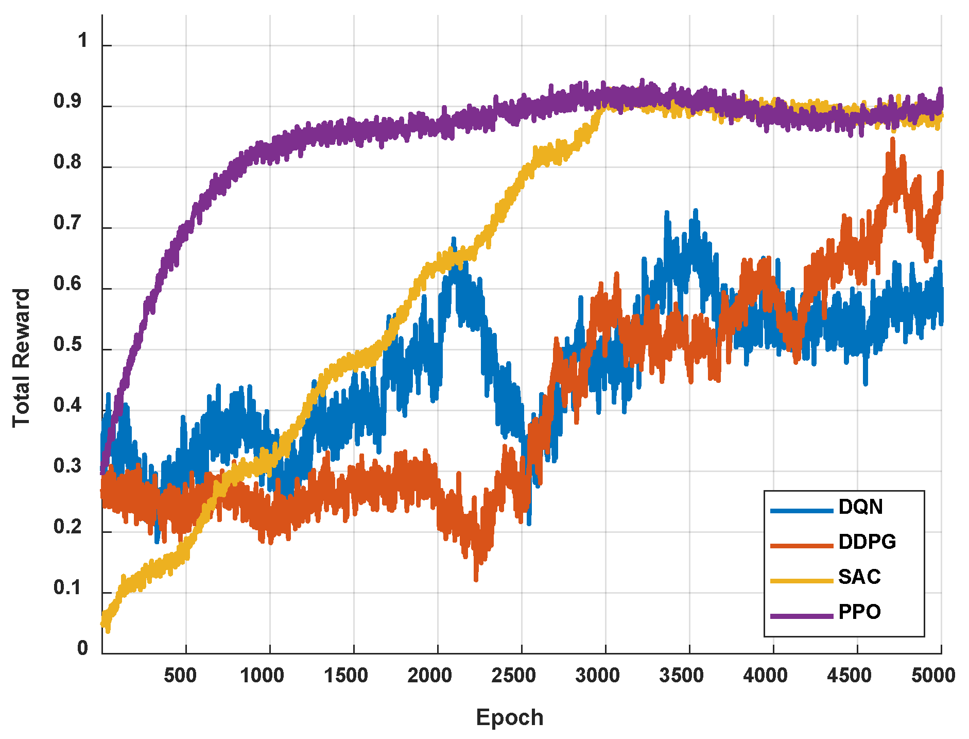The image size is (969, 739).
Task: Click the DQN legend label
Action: click(860, 507)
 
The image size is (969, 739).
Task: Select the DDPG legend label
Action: click(867, 542)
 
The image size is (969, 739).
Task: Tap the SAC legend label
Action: click(859, 577)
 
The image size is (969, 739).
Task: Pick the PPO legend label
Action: click(859, 612)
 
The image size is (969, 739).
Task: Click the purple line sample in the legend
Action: click(801, 616)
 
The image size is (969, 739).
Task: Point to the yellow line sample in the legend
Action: click(801, 581)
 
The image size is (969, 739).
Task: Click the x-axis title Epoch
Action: click(509, 717)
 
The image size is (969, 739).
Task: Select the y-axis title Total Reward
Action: click(22, 358)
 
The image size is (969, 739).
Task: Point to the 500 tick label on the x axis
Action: click(180, 675)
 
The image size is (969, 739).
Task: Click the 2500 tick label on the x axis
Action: click(513, 675)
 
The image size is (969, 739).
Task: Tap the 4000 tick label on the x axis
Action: click(765, 675)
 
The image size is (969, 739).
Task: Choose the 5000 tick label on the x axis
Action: click(933, 675)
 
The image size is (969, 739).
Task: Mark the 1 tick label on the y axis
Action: click(83, 41)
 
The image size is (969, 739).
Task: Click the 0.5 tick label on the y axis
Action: click(67, 344)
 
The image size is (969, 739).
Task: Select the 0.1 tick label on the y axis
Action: click(67, 587)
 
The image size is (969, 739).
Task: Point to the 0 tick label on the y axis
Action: click(82, 648)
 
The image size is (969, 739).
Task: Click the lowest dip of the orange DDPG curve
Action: click(476, 579)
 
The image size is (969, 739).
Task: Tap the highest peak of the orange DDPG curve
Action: click(892, 139)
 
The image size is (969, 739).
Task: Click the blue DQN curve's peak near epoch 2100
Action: click(454, 239)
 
